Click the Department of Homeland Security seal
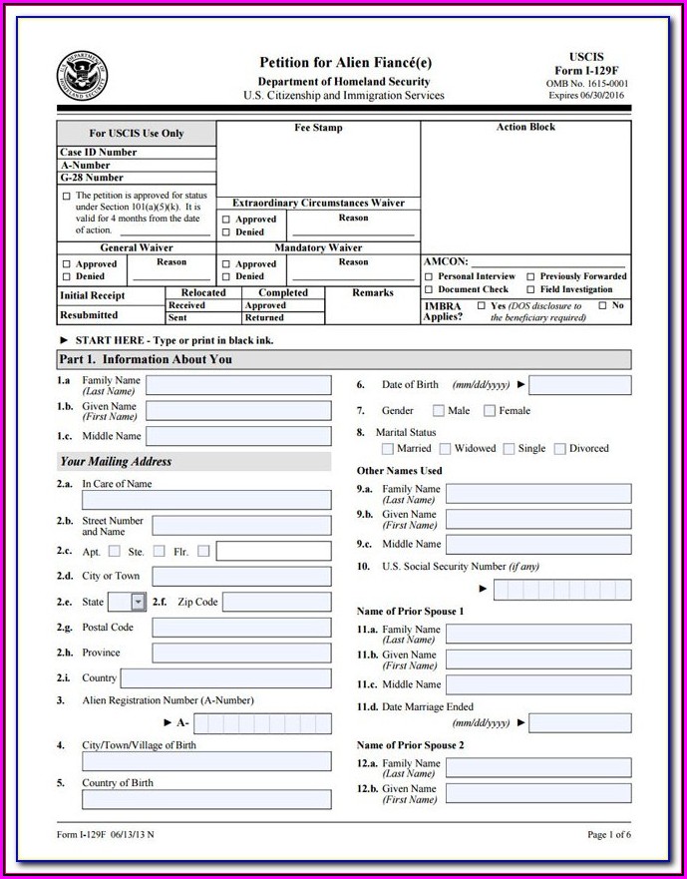(82, 75)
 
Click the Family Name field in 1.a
(238, 385)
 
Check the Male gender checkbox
(439, 410)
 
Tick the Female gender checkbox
(490, 410)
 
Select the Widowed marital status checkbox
(445, 449)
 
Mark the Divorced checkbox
(560, 449)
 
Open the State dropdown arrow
(138, 602)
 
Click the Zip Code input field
(276, 602)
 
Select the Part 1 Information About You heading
(146, 359)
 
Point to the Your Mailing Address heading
(116, 462)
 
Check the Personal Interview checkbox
(429, 276)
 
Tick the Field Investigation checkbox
(530, 289)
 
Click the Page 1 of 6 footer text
(609, 834)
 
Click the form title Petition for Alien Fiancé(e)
(345, 63)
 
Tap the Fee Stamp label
(318, 129)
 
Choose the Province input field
(241, 653)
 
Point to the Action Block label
(525, 128)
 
